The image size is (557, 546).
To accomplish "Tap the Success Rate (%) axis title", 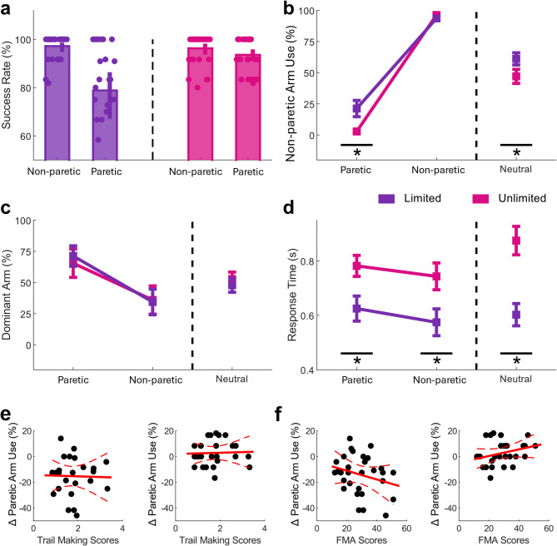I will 9,87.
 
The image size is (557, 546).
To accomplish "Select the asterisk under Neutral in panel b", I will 516,154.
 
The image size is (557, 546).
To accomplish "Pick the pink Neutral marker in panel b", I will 516,77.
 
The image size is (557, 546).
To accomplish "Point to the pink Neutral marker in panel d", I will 516,241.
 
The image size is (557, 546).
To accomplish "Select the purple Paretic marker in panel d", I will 357,308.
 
